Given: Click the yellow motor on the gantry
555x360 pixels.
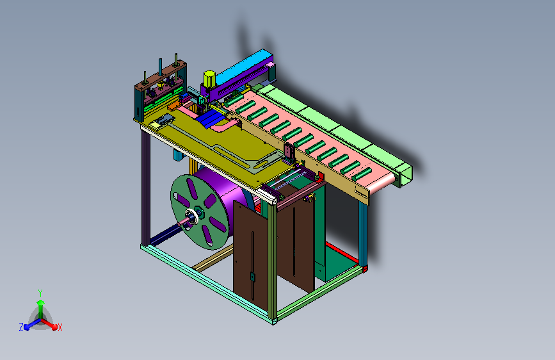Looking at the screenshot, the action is click(209, 79).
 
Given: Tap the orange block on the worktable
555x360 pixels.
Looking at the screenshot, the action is click(173, 106).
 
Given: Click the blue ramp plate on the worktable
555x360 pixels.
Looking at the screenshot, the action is click(210, 117).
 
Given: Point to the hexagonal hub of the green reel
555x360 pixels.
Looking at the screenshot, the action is click(199, 213).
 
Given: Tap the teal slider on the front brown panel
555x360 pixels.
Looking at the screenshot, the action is click(252, 276).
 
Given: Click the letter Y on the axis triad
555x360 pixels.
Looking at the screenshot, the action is click(40, 293).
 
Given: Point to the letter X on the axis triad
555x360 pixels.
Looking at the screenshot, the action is click(60, 328).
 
